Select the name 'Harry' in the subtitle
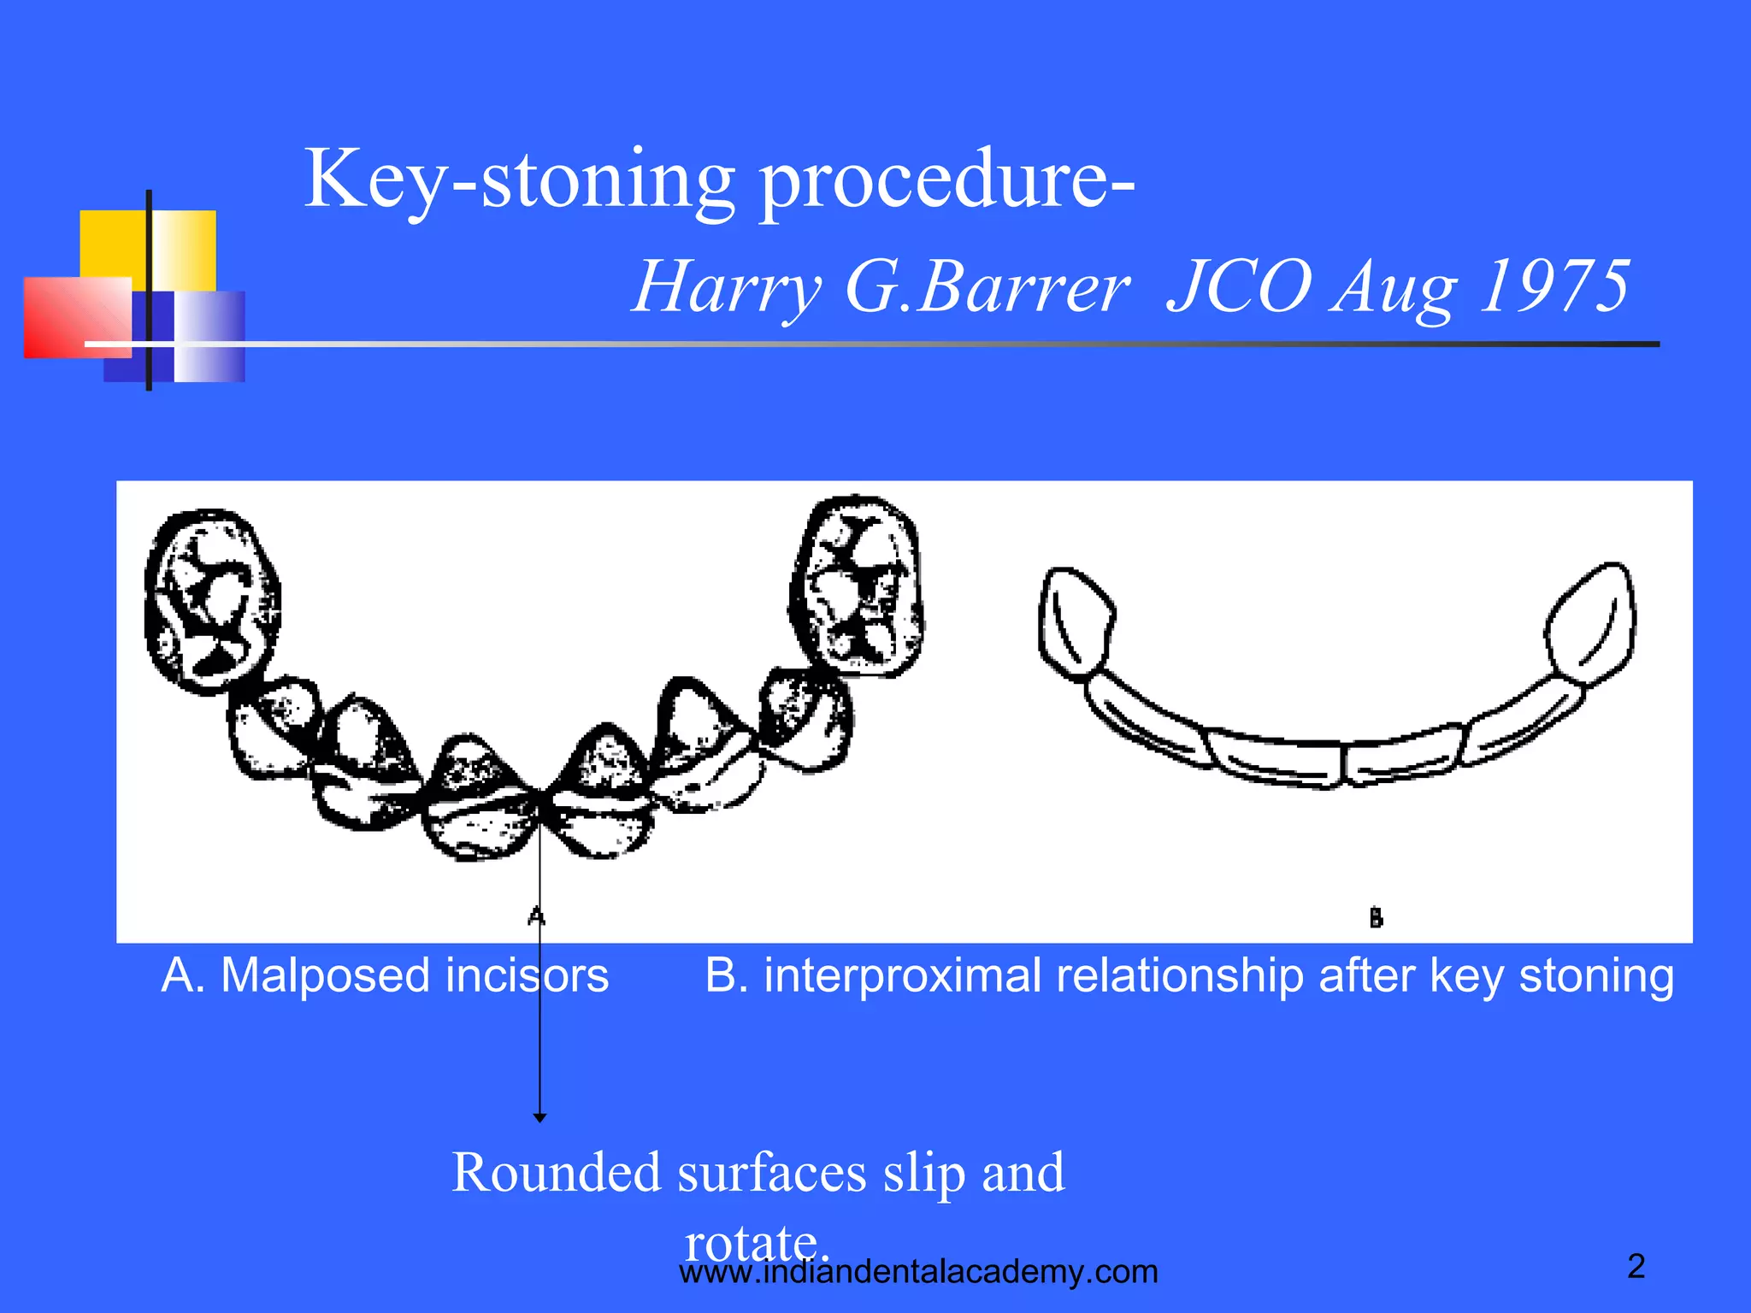tap(727, 287)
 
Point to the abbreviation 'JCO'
tap(1240, 286)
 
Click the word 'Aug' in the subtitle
tap(1394, 287)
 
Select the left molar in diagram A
tap(212, 601)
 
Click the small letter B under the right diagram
tap(1376, 918)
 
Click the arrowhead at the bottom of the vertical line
tap(539, 1116)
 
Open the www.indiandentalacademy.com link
tap(918, 1272)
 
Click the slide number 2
tap(1636, 1266)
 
